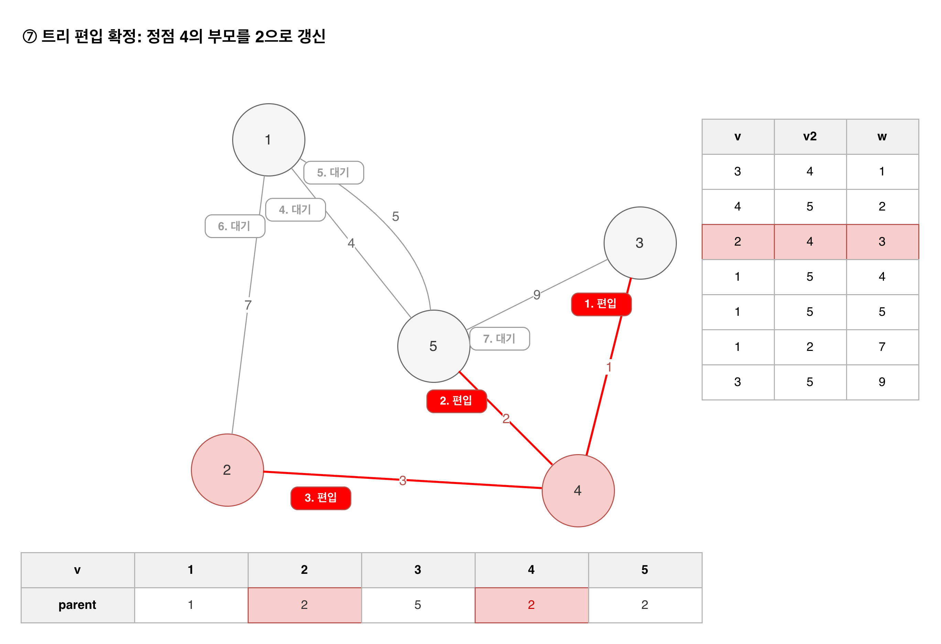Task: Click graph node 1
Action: point(269,140)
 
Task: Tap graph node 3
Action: point(640,243)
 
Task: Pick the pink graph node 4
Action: point(578,491)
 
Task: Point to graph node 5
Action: point(434,346)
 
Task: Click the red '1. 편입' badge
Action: point(601,304)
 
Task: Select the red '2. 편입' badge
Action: point(456,401)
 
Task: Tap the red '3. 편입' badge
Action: point(321,498)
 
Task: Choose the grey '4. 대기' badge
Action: point(295,210)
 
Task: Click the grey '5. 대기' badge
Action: point(334,173)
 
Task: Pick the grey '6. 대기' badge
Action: point(235,226)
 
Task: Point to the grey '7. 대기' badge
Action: point(500,339)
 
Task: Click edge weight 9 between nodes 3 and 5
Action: point(537,294)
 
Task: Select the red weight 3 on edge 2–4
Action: point(402,480)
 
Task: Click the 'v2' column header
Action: point(810,137)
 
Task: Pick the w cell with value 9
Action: point(882,382)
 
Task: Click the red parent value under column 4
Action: point(531,605)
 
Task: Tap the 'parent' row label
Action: point(77,605)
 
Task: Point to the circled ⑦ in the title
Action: point(30,36)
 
